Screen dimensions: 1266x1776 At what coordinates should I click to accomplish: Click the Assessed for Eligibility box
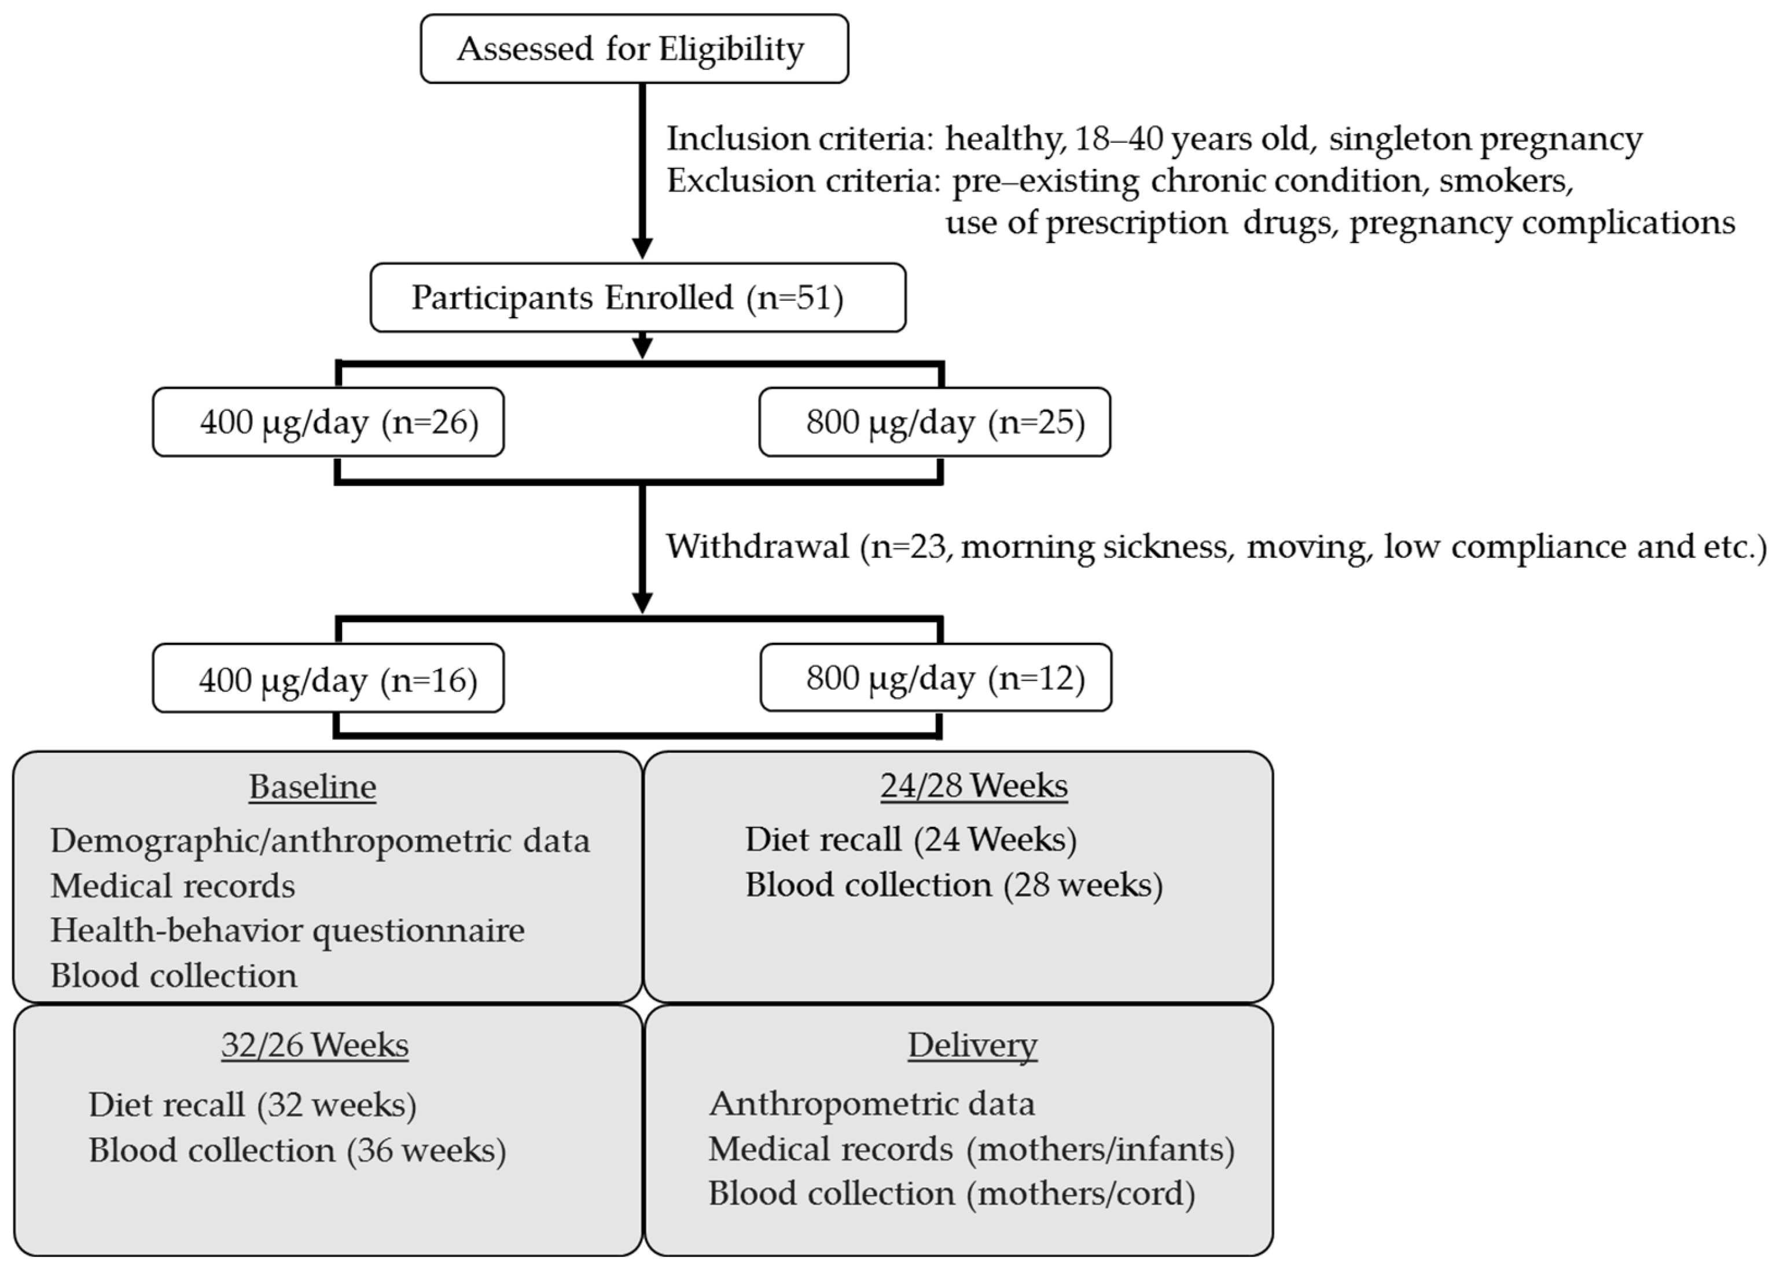coord(634,49)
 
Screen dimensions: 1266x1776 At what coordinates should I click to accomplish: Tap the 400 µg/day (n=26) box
coord(328,422)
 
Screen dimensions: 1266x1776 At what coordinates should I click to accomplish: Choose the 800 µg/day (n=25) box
coord(934,422)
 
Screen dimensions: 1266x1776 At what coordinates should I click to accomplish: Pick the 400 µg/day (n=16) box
coord(328,678)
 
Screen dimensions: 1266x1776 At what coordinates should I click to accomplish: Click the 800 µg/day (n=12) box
coord(936,678)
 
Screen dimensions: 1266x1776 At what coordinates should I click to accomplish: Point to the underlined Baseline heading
coord(312,786)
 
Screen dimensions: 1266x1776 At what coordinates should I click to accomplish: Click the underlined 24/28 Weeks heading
coord(974,786)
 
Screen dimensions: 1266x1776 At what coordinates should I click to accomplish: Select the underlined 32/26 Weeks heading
coord(314,1046)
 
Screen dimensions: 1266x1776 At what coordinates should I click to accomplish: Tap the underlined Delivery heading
coord(972,1046)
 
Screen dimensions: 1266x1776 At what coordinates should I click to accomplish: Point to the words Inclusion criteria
coord(799,139)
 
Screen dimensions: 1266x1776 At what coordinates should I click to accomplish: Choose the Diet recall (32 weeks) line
coord(253,1105)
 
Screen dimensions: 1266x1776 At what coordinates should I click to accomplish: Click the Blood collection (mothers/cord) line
coord(951,1194)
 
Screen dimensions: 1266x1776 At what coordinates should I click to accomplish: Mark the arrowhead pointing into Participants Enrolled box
coord(642,248)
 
